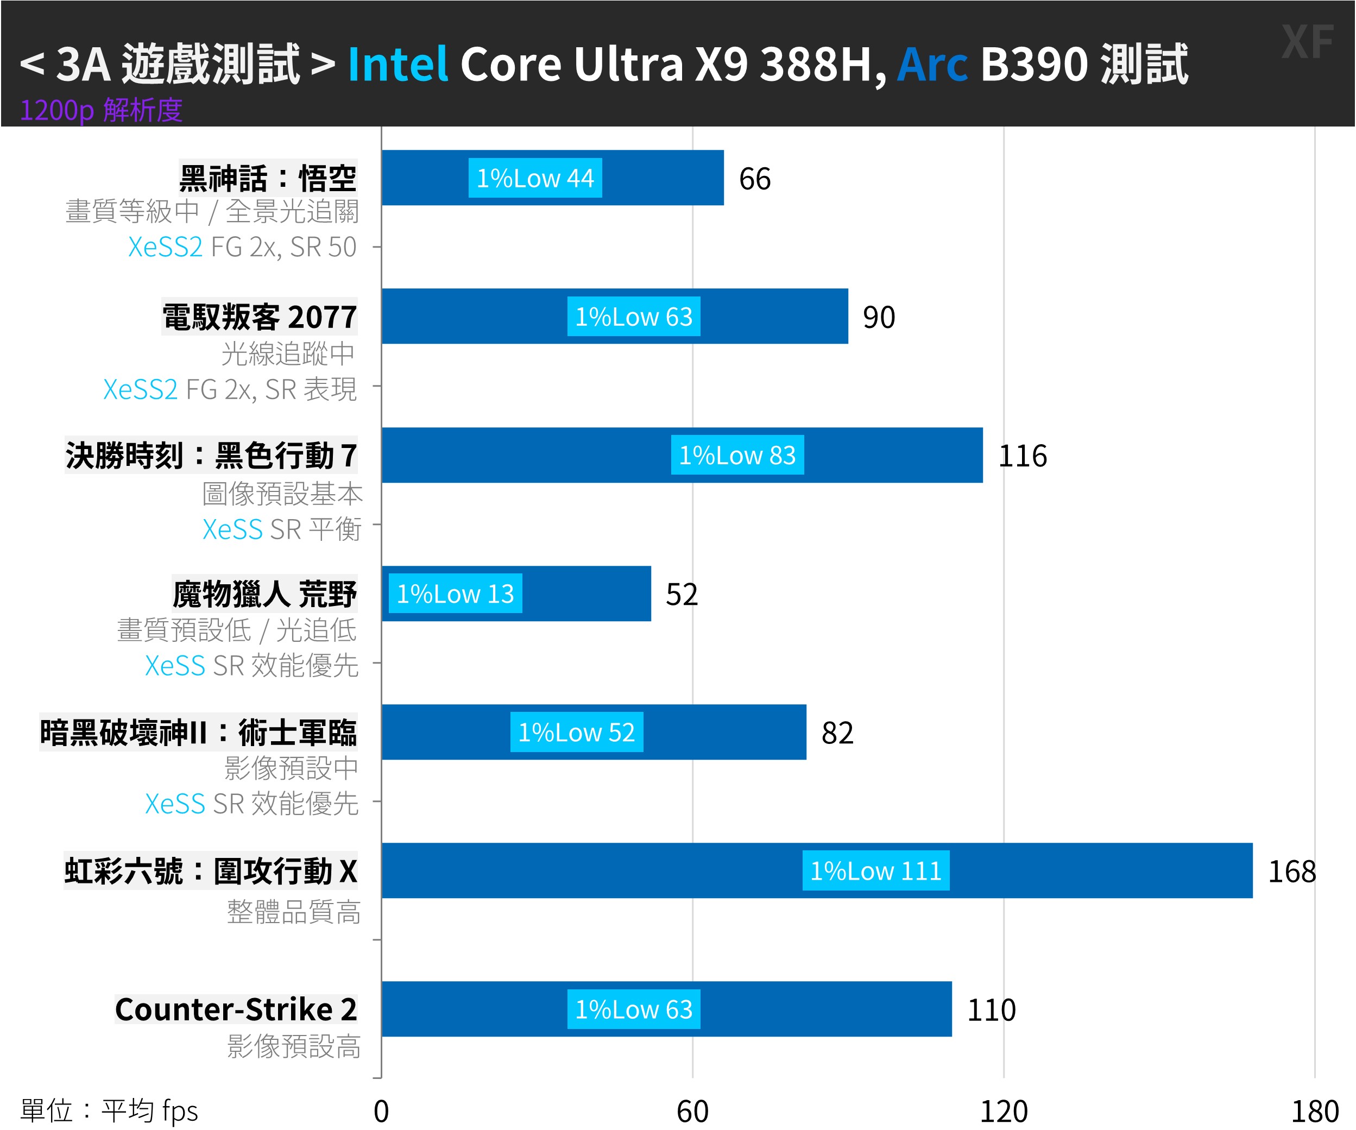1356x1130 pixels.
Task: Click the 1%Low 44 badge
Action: pyautogui.click(x=535, y=178)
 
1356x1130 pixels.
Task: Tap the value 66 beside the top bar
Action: pyautogui.click(x=754, y=179)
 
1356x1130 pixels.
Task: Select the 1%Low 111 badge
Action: pyautogui.click(x=875, y=871)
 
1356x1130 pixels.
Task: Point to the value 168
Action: pyautogui.click(x=1291, y=872)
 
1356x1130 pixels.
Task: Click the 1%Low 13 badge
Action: pyautogui.click(x=455, y=594)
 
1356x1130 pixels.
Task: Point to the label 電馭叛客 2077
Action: pyautogui.click(x=259, y=317)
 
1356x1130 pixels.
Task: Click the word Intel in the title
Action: pyautogui.click(x=398, y=64)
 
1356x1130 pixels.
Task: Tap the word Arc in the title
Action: pyautogui.click(x=932, y=64)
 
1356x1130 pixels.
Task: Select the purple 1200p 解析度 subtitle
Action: pyautogui.click(x=102, y=110)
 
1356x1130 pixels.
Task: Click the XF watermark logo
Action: pyautogui.click(x=1307, y=42)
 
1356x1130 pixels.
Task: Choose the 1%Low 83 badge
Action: pyautogui.click(x=737, y=455)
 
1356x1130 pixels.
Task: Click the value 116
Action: pyautogui.click(x=1022, y=456)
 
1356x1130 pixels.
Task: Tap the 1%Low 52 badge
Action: pyautogui.click(x=577, y=732)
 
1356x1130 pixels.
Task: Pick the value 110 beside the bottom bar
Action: pyautogui.click(x=991, y=1010)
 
